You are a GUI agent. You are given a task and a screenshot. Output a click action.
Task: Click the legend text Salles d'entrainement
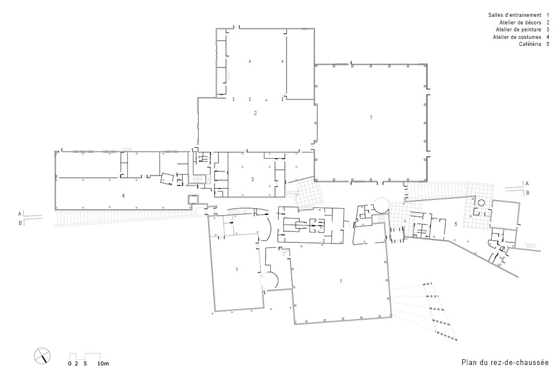(514, 15)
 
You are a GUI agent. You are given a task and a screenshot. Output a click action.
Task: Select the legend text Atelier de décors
(520, 23)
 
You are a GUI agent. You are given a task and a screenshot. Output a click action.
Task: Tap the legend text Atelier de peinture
(518, 30)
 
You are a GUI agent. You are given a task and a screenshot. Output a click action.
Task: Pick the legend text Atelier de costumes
(517, 37)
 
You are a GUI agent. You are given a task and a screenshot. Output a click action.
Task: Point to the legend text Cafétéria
(530, 44)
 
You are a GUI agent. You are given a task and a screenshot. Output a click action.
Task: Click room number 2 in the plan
(256, 113)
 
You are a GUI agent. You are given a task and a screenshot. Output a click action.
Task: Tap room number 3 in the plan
(253, 180)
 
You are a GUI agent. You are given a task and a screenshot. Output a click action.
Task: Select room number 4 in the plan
(123, 195)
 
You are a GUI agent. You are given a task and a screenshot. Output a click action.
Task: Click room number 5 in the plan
(456, 224)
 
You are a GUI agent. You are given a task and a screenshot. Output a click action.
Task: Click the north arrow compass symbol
(42, 355)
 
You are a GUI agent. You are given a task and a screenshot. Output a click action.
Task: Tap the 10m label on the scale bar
(103, 364)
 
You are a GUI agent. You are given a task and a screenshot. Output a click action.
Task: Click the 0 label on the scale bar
(70, 364)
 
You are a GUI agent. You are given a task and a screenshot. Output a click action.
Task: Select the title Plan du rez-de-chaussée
(505, 362)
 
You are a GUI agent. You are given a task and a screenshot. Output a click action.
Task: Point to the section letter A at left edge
(20, 214)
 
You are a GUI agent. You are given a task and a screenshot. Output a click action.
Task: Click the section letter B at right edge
(528, 193)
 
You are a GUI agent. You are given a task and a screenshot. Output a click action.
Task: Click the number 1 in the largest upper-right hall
(371, 117)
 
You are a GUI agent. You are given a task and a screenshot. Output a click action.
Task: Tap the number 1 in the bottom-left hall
(237, 270)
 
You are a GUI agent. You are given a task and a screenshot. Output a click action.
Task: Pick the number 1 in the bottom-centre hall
(341, 281)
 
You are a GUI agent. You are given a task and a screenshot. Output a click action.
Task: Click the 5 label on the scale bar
(85, 364)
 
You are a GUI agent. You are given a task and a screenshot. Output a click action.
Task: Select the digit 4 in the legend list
(548, 37)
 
